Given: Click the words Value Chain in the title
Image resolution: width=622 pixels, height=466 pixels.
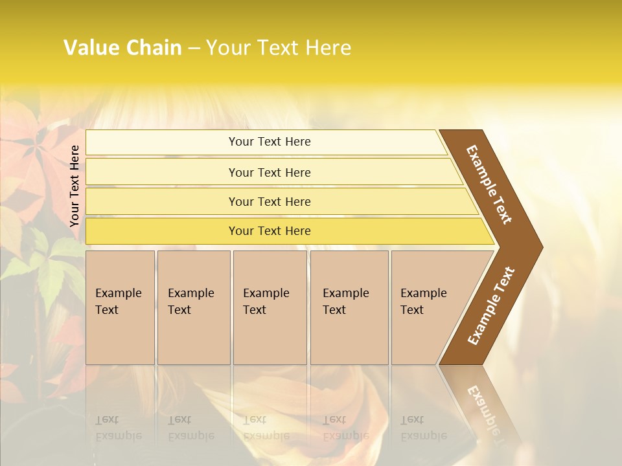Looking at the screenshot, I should pyautogui.click(x=122, y=48).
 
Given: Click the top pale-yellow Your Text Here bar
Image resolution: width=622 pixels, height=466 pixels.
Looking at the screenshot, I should pyautogui.click(x=270, y=142).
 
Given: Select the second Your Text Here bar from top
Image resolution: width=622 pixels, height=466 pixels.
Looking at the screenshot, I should pyautogui.click(x=270, y=172).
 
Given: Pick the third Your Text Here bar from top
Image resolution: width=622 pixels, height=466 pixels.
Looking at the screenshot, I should pyautogui.click(x=270, y=201).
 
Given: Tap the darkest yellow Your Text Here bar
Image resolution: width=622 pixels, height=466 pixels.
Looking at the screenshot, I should pyautogui.click(x=270, y=231).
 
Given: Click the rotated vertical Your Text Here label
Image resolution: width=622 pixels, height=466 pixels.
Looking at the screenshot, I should pyautogui.click(x=75, y=186).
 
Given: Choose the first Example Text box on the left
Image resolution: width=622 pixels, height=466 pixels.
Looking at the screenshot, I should pyautogui.click(x=120, y=307).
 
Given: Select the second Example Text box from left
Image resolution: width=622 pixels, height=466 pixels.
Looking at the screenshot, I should pyautogui.click(x=193, y=307).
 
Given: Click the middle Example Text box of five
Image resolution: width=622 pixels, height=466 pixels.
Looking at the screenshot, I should pyautogui.click(x=270, y=307).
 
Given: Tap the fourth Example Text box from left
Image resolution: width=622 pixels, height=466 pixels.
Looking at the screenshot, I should pyautogui.click(x=349, y=307).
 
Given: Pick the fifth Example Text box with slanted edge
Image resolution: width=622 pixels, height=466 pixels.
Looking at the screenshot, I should pyautogui.click(x=431, y=307).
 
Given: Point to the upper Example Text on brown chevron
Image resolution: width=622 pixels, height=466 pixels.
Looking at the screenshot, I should pyautogui.click(x=489, y=184).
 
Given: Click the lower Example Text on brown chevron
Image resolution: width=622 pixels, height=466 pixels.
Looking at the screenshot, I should pyautogui.click(x=491, y=305).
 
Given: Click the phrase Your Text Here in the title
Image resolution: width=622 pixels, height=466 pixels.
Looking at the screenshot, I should pyautogui.click(x=279, y=48).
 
